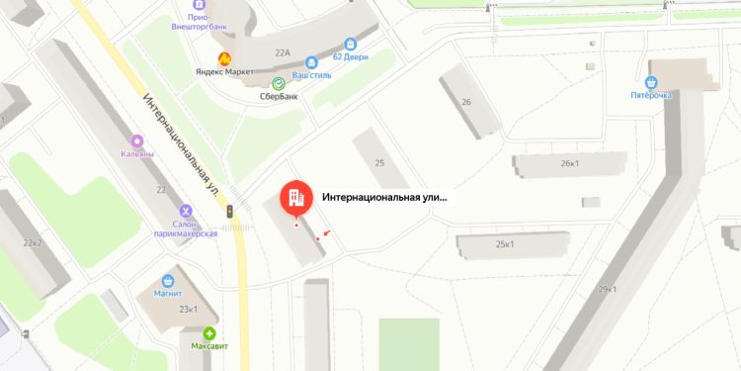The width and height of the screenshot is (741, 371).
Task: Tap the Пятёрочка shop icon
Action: (652, 82)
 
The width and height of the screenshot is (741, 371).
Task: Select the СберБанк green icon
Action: (279, 83)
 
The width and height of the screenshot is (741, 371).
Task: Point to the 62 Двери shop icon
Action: (350, 44)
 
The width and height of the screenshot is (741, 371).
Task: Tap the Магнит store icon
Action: (167, 280)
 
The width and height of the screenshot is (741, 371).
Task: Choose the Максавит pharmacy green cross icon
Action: (209, 334)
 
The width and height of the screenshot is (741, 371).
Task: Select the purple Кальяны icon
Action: (136, 140)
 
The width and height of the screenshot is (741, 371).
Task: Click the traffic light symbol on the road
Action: (230, 211)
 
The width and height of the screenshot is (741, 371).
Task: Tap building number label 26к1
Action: (569, 163)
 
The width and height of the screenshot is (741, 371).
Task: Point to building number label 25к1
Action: (506, 243)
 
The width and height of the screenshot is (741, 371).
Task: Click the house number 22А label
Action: (284, 52)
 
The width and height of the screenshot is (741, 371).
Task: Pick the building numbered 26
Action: (466, 101)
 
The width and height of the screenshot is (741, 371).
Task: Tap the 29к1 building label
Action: (607, 289)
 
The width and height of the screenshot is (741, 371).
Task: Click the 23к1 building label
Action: (189, 308)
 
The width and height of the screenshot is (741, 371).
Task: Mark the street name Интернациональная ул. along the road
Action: (181, 143)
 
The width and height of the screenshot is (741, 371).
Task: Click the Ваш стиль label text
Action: (312, 73)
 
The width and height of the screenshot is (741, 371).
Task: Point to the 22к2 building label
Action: (34, 241)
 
